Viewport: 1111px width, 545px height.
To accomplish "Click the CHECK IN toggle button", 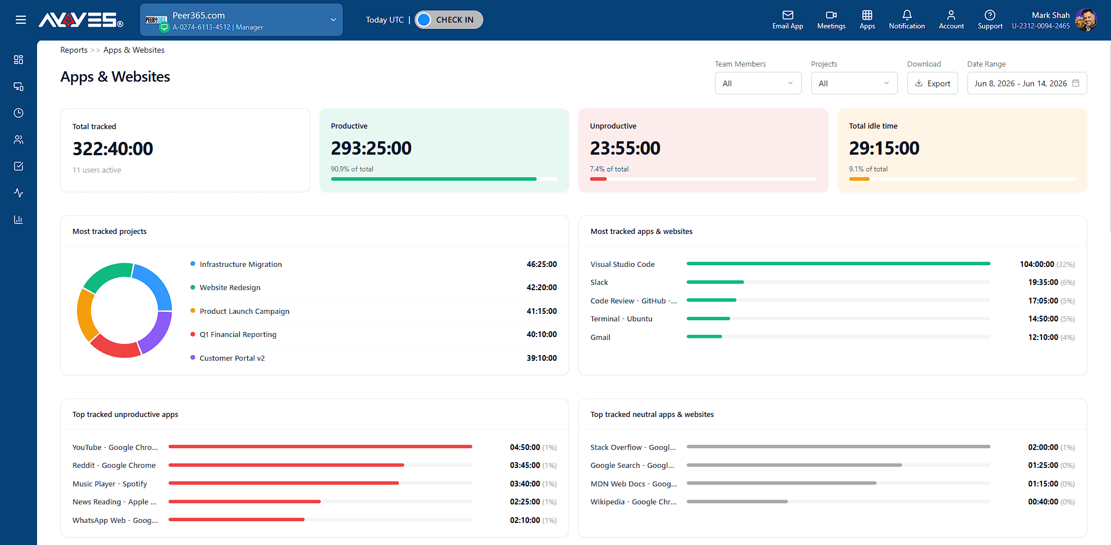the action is click(449, 20).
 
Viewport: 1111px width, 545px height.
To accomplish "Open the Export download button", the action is click(932, 83).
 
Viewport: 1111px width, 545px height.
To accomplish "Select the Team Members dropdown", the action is click(758, 83).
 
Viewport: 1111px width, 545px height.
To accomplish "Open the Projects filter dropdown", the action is click(854, 83).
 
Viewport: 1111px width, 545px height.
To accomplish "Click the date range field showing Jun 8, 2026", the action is click(1026, 83).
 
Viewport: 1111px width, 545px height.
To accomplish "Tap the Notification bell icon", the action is click(907, 15).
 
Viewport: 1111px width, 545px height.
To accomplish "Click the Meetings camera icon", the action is click(831, 15).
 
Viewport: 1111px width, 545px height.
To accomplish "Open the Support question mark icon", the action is click(990, 15).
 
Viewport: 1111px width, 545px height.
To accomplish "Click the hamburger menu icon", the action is click(21, 20).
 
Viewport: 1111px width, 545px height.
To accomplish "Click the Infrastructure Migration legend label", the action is click(241, 264).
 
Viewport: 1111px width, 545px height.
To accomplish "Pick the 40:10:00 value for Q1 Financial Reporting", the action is click(541, 334).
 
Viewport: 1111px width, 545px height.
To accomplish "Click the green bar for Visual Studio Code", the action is click(838, 264).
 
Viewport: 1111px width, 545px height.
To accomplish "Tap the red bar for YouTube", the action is click(320, 447).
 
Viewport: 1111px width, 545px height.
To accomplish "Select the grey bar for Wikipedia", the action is click(737, 502).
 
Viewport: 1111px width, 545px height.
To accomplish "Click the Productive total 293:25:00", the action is click(371, 148).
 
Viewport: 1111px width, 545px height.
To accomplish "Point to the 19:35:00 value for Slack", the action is click(1043, 282).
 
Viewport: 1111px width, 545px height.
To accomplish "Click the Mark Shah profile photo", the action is click(1086, 20).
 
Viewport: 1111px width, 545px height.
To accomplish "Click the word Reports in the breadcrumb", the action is click(74, 50).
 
